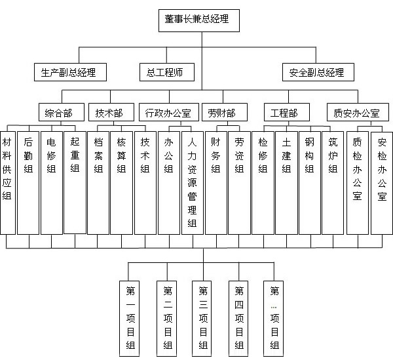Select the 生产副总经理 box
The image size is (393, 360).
(69, 71)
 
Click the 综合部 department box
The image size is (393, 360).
(56, 112)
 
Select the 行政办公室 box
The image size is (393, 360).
(168, 112)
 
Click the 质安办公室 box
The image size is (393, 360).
(356, 112)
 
